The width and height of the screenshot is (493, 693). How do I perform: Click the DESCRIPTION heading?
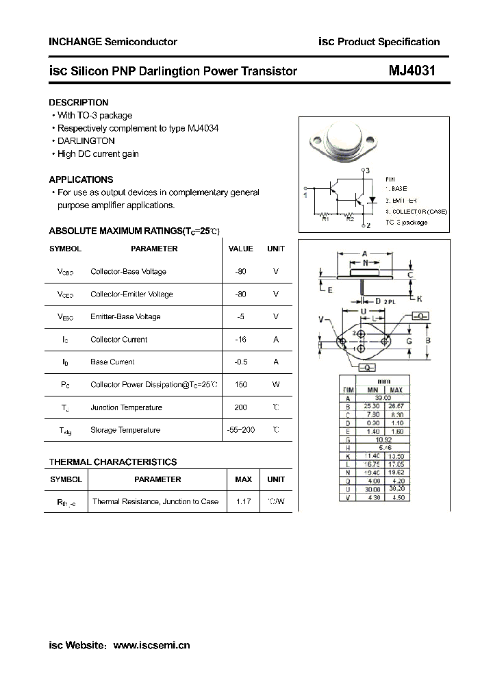[79, 103]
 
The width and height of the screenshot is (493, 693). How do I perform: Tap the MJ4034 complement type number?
[203, 128]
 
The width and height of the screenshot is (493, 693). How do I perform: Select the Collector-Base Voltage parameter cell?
[128, 272]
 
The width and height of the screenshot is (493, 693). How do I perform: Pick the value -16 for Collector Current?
[240, 340]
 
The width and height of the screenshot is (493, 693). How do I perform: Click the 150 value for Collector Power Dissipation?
[240, 385]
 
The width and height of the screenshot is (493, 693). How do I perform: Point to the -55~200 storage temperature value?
[240, 430]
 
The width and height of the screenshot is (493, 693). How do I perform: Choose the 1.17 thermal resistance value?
[243, 502]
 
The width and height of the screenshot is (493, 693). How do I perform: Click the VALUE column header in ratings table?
[240, 249]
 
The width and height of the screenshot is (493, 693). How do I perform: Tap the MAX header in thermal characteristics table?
[243, 479]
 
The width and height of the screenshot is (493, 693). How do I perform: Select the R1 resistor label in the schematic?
[325, 218]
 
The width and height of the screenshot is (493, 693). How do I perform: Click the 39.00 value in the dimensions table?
[382, 398]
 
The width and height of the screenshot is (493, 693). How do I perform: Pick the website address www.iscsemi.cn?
[151, 645]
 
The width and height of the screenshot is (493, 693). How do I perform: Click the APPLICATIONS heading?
[81, 179]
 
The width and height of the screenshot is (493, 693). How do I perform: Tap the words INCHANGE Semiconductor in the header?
[113, 42]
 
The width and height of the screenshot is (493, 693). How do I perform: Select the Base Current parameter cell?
[112, 362]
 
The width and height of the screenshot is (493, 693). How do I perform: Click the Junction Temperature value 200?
[240, 407]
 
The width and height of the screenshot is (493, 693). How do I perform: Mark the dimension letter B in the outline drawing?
[427, 340]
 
